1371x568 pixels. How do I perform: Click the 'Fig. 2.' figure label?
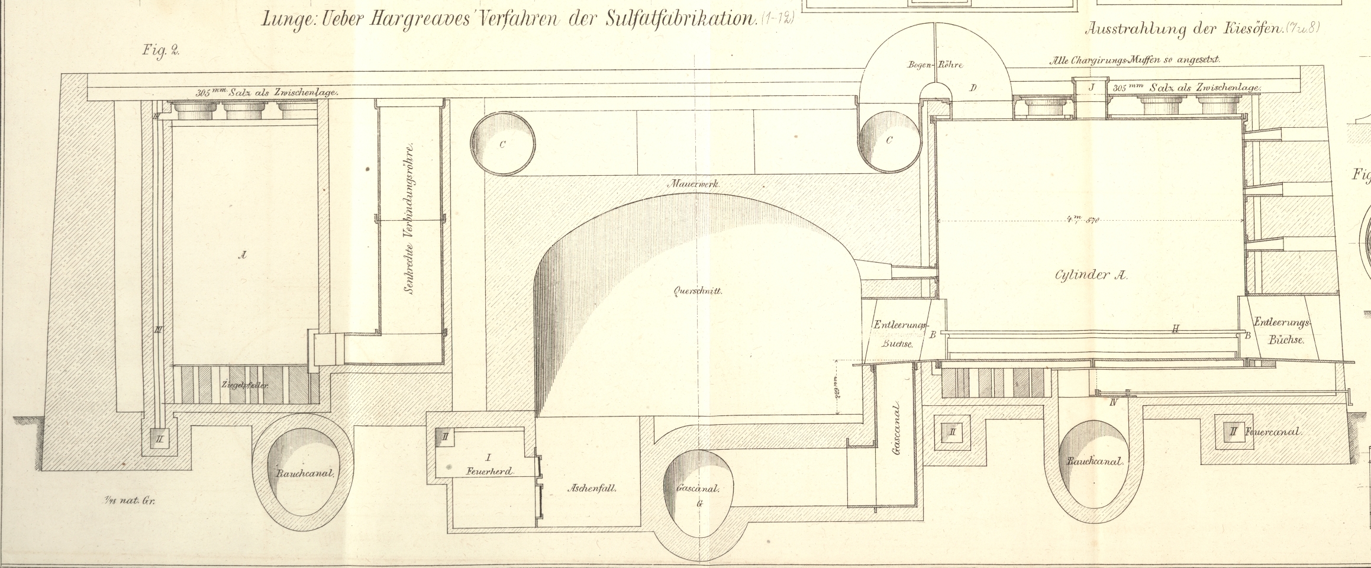pos(160,50)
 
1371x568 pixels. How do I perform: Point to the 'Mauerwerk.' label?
pos(693,184)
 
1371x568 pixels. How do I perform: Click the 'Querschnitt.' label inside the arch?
pos(698,291)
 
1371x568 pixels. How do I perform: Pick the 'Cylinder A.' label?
pos(1091,275)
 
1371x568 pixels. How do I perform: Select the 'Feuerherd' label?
pos(489,471)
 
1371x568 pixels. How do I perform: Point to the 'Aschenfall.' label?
pos(592,489)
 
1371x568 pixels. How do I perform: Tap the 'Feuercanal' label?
pos(1272,432)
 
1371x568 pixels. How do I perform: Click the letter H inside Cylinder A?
pos(1176,329)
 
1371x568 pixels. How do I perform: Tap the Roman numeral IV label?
pos(1113,403)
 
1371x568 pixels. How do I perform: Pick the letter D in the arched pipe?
pos(972,89)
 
